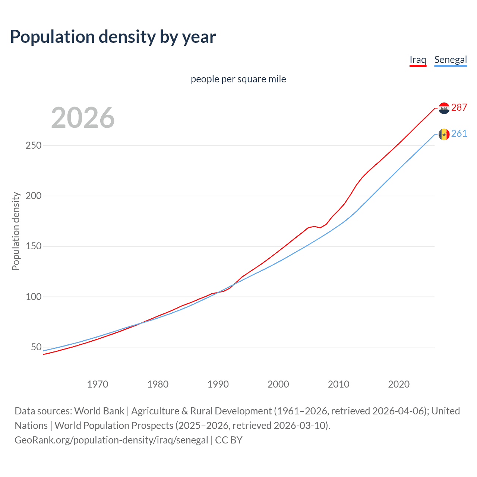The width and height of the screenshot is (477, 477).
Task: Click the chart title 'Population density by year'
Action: [x=113, y=37]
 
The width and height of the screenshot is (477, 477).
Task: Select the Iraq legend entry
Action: [x=418, y=60]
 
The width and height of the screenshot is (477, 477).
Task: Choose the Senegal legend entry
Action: [x=451, y=60]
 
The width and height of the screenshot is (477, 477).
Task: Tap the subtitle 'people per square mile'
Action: [x=238, y=79]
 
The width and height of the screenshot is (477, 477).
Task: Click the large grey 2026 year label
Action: [x=83, y=118]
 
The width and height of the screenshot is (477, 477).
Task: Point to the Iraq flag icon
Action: [x=444, y=108]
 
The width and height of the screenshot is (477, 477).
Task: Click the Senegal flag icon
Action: [x=444, y=134]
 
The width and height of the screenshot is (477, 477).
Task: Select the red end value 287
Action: [x=459, y=107]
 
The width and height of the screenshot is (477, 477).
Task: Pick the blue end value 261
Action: [x=459, y=133]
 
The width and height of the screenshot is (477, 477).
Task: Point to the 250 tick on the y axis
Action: [x=34, y=145]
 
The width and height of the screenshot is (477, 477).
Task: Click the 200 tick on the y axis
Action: [x=34, y=196]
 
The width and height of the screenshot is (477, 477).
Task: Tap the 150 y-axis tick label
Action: [x=34, y=246]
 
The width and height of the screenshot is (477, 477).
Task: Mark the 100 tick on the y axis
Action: [x=34, y=297]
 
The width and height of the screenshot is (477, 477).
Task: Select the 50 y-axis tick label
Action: [x=36, y=347]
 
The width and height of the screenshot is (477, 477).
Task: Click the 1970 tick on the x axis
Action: [x=98, y=384]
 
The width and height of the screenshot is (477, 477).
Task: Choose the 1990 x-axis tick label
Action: [x=218, y=384]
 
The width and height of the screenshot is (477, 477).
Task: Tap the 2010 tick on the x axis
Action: [x=338, y=384]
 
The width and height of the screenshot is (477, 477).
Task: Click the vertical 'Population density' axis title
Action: [x=16, y=231]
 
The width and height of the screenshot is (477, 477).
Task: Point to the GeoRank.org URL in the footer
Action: [x=111, y=440]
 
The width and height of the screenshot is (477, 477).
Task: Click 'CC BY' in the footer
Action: [x=229, y=440]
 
